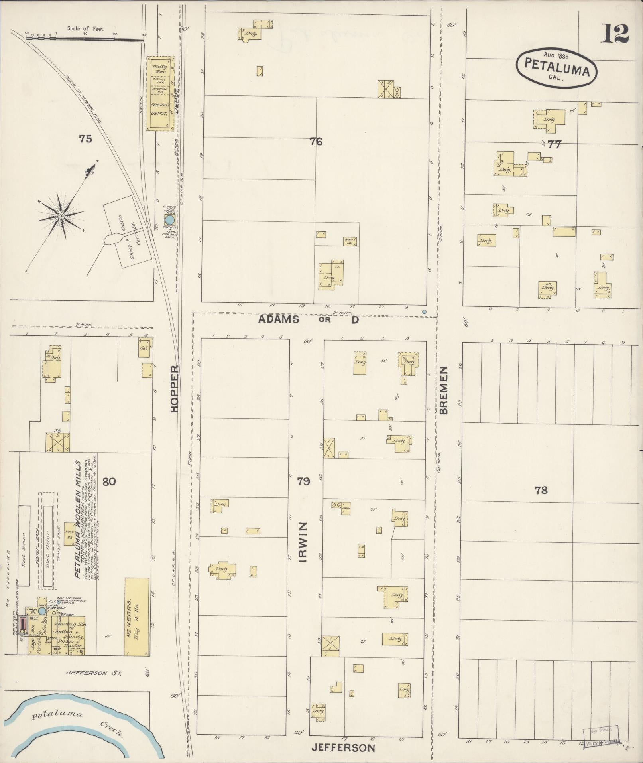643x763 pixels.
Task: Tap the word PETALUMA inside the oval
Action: click(x=556, y=66)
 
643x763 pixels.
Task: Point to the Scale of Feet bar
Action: click(x=85, y=38)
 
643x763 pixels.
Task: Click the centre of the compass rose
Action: click(x=61, y=216)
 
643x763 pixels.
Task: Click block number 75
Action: click(x=85, y=139)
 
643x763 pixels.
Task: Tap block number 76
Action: click(x=316, y=141)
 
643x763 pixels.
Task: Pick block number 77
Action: click(x=554, y=144)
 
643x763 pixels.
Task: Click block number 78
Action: click(x=541, y=490)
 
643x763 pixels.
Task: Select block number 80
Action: click(x=109, y=481)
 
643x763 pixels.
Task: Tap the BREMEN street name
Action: click(x=444, y=391)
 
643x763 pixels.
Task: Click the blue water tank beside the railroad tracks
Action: click(x=169, y=220)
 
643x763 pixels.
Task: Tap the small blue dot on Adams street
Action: click(x=424, y=312)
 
